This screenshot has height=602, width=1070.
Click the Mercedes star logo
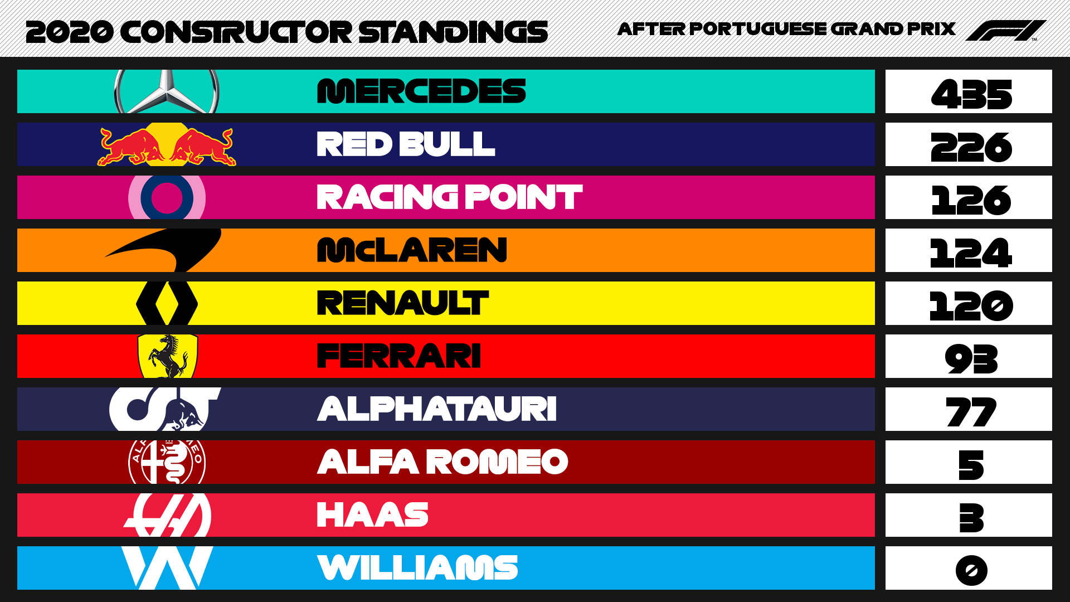pyautogui.click(x=167, y=92)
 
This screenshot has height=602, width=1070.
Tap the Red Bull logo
pyautogui.click(x=167, y=145)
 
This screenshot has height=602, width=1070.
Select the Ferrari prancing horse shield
pyautogui.click(x=167, y=356)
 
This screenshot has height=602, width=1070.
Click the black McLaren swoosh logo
pyautogui.click(x=163, y=250)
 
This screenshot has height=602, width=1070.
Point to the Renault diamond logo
pyautogui.click(x=167, y=303)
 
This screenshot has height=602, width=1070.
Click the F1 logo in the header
pyautogui.click(x=1005, y=31)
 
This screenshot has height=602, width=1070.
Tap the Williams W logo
pyautogui.click(x=167, y=568)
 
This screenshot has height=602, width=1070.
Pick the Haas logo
pyautogui.click(x=167, y=515)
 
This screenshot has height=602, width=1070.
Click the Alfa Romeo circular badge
pyautogui.click(x=167, y=462)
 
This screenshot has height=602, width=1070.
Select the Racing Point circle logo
pyautogui.click(x=167, y=197)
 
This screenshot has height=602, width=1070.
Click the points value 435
pyautogui.click(x=971, y=94)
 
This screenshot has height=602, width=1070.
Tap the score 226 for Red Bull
pyautogui.click(x=971, y=147)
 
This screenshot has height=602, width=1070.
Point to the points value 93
pyautogui.click(x=971, y=358)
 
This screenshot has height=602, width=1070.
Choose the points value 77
pyautogui.click(x=971, y=411)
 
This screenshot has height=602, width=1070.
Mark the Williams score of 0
pyautogui.click(x=971, y=570)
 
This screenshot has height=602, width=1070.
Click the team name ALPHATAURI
pyautogui.click(x=437, y=409)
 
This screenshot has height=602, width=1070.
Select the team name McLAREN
pyautogui.click(x=412, y=250)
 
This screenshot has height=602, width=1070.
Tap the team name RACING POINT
pyautogui.click(x=450, y=197)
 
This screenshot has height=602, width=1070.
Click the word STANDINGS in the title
pyautogui.click(x=454, y=32)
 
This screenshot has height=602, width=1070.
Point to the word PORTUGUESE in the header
pyautogui.click(x=759, y=28)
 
